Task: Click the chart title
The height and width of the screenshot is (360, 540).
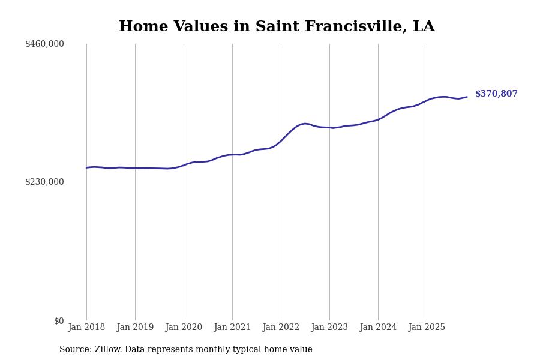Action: pos(277,27)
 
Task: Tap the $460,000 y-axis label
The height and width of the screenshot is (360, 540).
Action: pos(44,44)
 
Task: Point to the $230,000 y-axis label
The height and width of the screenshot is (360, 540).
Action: pos(44,182)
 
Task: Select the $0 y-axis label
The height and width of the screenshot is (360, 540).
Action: pos(59,321)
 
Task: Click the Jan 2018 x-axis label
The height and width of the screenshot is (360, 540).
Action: pos(86,328)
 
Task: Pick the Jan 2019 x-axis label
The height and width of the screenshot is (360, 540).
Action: pos(135,328)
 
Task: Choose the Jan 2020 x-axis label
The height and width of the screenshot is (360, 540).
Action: pos(184,328)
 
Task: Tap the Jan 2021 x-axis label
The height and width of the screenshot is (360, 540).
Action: pos(232,328)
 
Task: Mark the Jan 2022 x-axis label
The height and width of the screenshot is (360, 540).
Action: pos(281,328)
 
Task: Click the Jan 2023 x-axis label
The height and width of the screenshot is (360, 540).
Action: pos(329,328)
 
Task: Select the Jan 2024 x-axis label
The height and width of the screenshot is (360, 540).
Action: pos(378,328)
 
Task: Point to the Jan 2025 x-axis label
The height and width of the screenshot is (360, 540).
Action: pos(427,328)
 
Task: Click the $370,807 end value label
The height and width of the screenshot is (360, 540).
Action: pos(496,94)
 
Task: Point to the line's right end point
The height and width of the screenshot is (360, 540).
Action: pos(467,97)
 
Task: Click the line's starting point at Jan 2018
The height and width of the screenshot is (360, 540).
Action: pos(86,167)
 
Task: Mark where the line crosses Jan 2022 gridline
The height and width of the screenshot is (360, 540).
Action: pos(281,140)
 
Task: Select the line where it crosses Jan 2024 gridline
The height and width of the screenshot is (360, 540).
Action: pos(378,119)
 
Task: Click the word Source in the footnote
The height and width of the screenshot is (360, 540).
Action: pos(74,350)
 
